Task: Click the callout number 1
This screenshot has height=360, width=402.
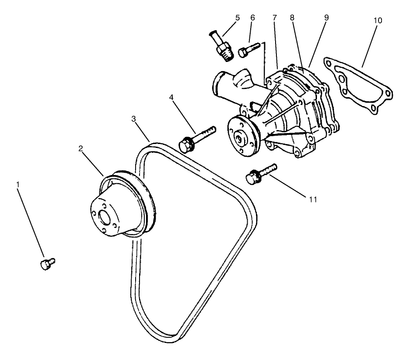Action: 18,185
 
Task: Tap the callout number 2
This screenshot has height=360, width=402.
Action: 81,148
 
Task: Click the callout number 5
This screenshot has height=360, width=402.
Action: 237,18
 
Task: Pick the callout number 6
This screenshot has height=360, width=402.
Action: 252,18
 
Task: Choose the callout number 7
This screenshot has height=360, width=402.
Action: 274,18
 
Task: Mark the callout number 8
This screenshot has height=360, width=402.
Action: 291,18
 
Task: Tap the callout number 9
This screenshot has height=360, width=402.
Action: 327,18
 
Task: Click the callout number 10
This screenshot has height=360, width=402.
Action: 378,21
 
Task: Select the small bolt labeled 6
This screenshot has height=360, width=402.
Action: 249,49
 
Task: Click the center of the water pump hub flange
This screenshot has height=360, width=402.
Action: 240,139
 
